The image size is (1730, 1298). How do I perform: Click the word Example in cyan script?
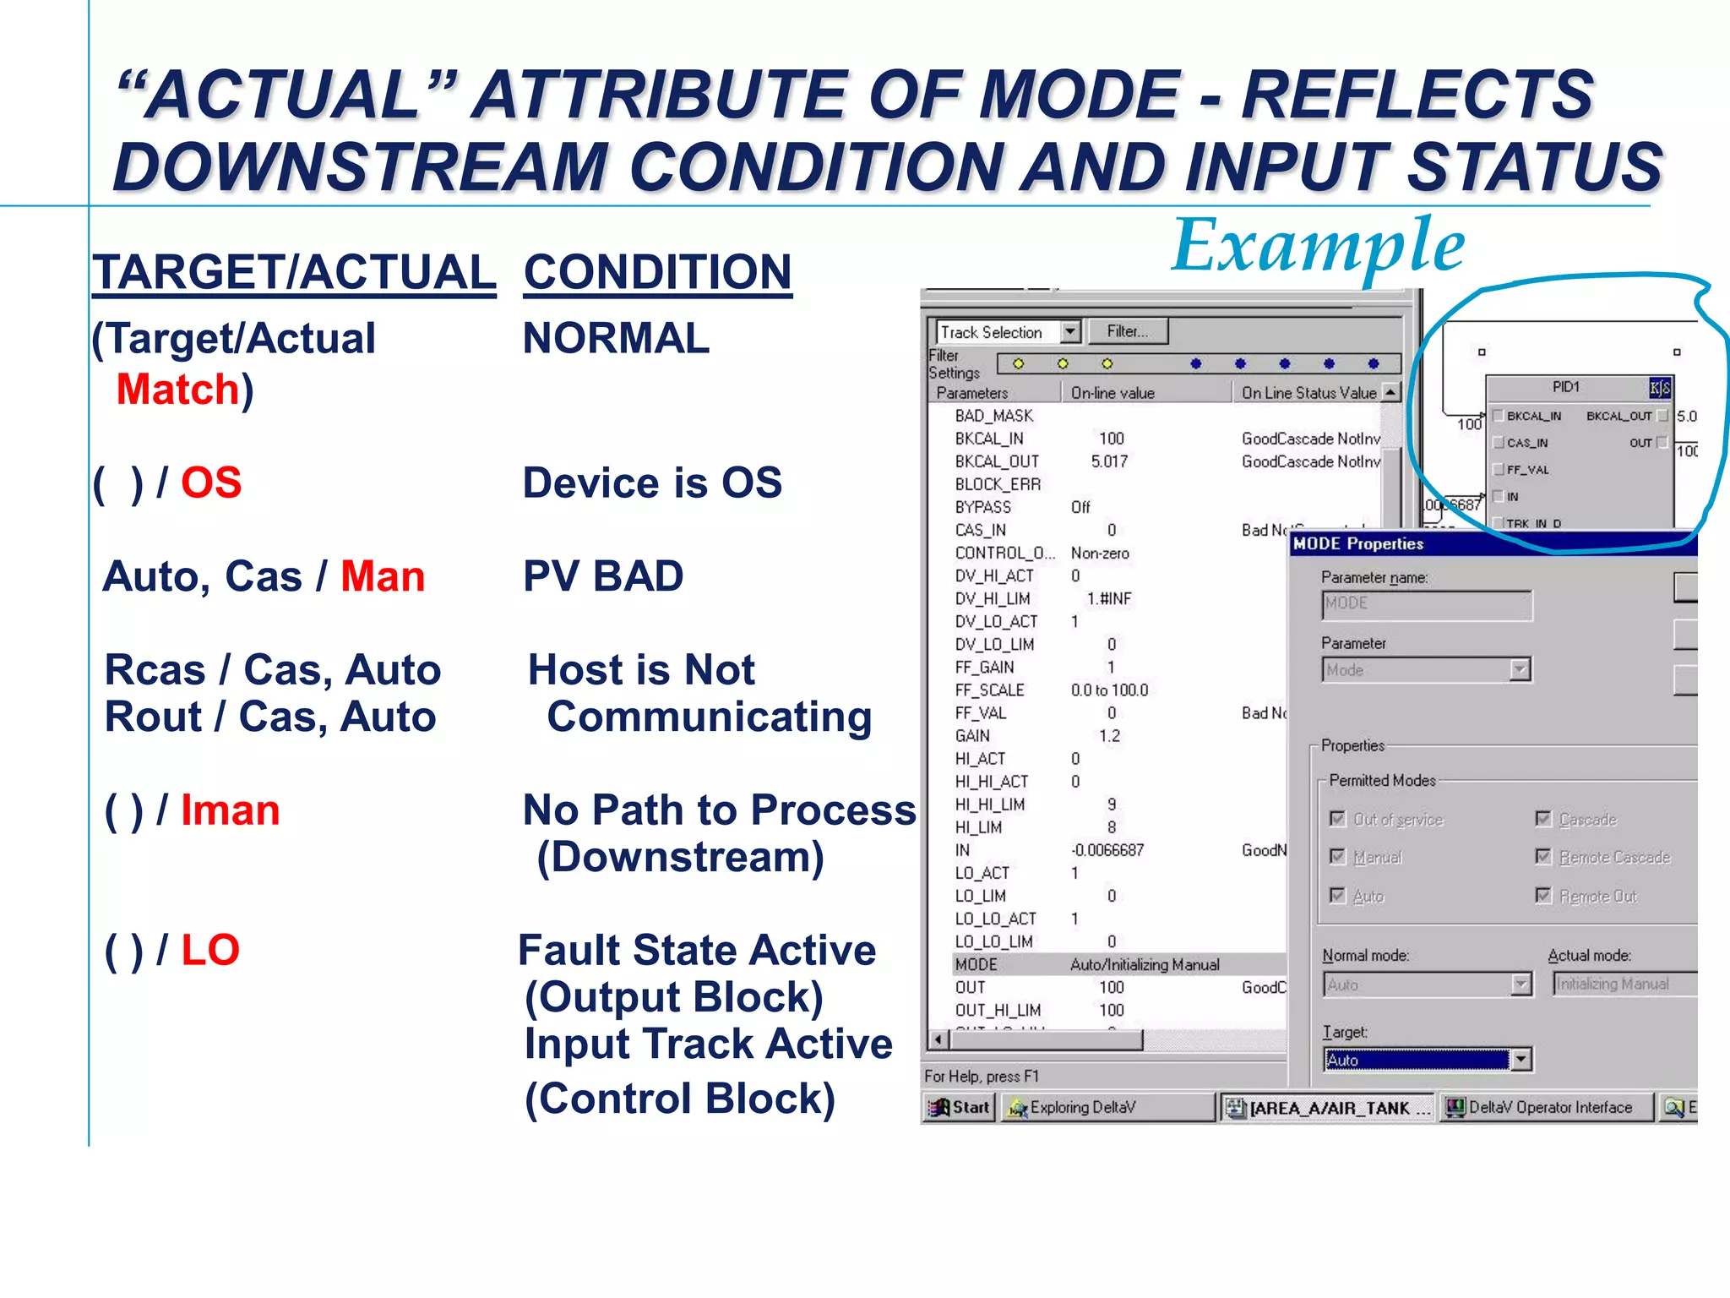pyautogui.click(x=1318, y=247)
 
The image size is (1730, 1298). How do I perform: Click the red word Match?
pyautogui.click(x=178, y=390)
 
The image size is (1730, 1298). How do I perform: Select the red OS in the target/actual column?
pyautogui.click(x=211, y=483)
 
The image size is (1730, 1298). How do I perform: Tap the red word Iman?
pyautogui.click(x=230, y=810)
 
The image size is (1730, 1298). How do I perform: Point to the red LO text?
pyautogui.click(x=210, y=950)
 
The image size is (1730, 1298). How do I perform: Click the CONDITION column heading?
pyautogui.click(x=657, y=273)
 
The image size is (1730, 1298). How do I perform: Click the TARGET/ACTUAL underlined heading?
pyautogui.click(x=294, y=273)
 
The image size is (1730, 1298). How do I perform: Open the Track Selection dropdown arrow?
pyautogui.click(x=1070, y=331)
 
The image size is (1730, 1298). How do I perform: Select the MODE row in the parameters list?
pyautogui.click(x=977, y=964)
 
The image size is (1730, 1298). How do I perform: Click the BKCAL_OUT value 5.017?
pyautogui.click(x=1109, y=461)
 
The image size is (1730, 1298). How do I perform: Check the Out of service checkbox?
pyautogui.click(x=1337, y=818)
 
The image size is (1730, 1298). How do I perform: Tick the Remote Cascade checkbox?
pyautogui.click(x=1543, y=857)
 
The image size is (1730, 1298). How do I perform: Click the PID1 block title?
pyautogui.click(x=1565, y=387)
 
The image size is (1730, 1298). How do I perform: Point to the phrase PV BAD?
pyautogui.click(x=603, y=576)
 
